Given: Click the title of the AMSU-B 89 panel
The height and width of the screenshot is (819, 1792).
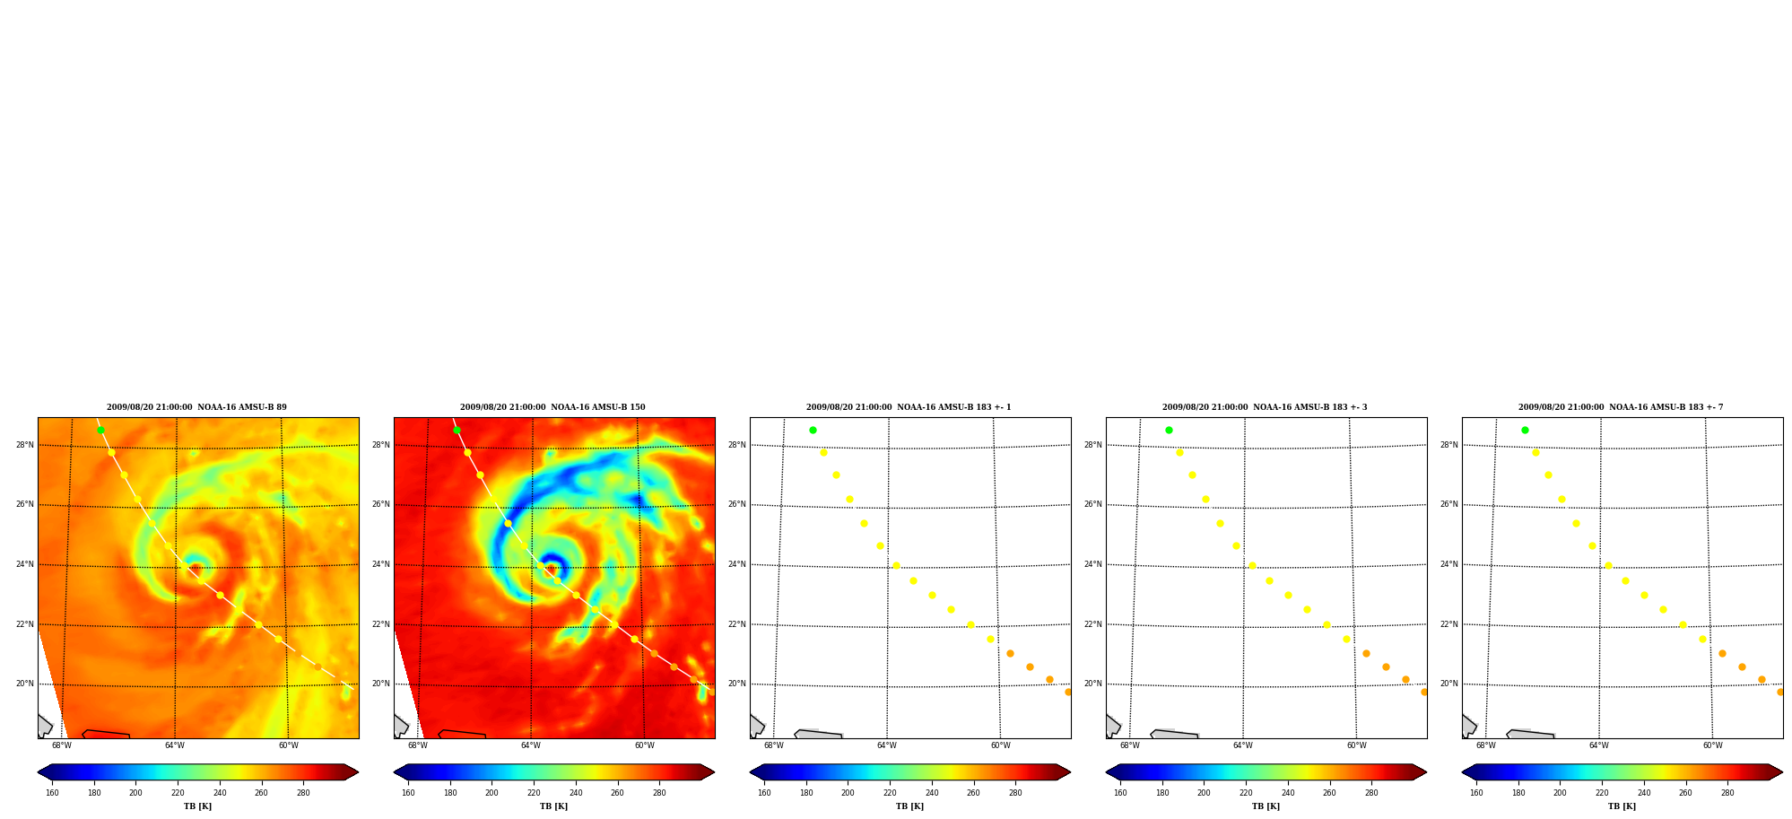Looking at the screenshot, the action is [196, 407].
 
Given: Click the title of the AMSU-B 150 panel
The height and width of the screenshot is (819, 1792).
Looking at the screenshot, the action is [552, 407].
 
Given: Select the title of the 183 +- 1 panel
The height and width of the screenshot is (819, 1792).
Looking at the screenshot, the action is [909, 407].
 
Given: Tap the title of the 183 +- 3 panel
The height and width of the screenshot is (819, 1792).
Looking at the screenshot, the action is [1265, 407].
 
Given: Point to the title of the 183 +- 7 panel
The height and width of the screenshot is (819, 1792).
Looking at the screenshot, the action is [1621, 407].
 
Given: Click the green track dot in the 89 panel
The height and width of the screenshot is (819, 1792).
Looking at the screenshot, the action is [100, 430].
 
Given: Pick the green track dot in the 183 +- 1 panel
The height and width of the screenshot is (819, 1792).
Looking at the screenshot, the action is [813, 430].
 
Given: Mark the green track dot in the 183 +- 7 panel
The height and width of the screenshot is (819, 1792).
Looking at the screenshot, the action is [1525, 430].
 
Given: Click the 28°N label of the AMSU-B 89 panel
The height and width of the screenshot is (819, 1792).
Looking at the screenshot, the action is [24, 445].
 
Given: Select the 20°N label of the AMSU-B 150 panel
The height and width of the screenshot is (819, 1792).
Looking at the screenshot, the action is [380, 684].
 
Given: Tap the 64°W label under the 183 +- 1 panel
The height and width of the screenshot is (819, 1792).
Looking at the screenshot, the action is [886, 745].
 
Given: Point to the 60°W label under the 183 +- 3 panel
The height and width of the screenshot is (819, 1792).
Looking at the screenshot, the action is [1356, 745].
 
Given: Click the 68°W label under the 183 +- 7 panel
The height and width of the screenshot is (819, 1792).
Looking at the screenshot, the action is [1485, 745].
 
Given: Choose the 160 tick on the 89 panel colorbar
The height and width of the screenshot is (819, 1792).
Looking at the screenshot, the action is [52, 792].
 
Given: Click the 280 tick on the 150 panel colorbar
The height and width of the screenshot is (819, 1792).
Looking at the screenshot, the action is [659, 792].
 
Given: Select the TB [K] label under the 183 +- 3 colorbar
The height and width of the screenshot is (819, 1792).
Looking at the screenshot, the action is [1266, 806].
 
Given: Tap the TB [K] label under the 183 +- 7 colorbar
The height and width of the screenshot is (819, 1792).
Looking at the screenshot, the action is [1622, 806].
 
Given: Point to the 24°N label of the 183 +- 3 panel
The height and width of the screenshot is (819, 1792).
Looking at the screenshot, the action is [1092, 564].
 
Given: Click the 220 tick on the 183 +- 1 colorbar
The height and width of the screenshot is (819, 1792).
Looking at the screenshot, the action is [890, 792].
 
